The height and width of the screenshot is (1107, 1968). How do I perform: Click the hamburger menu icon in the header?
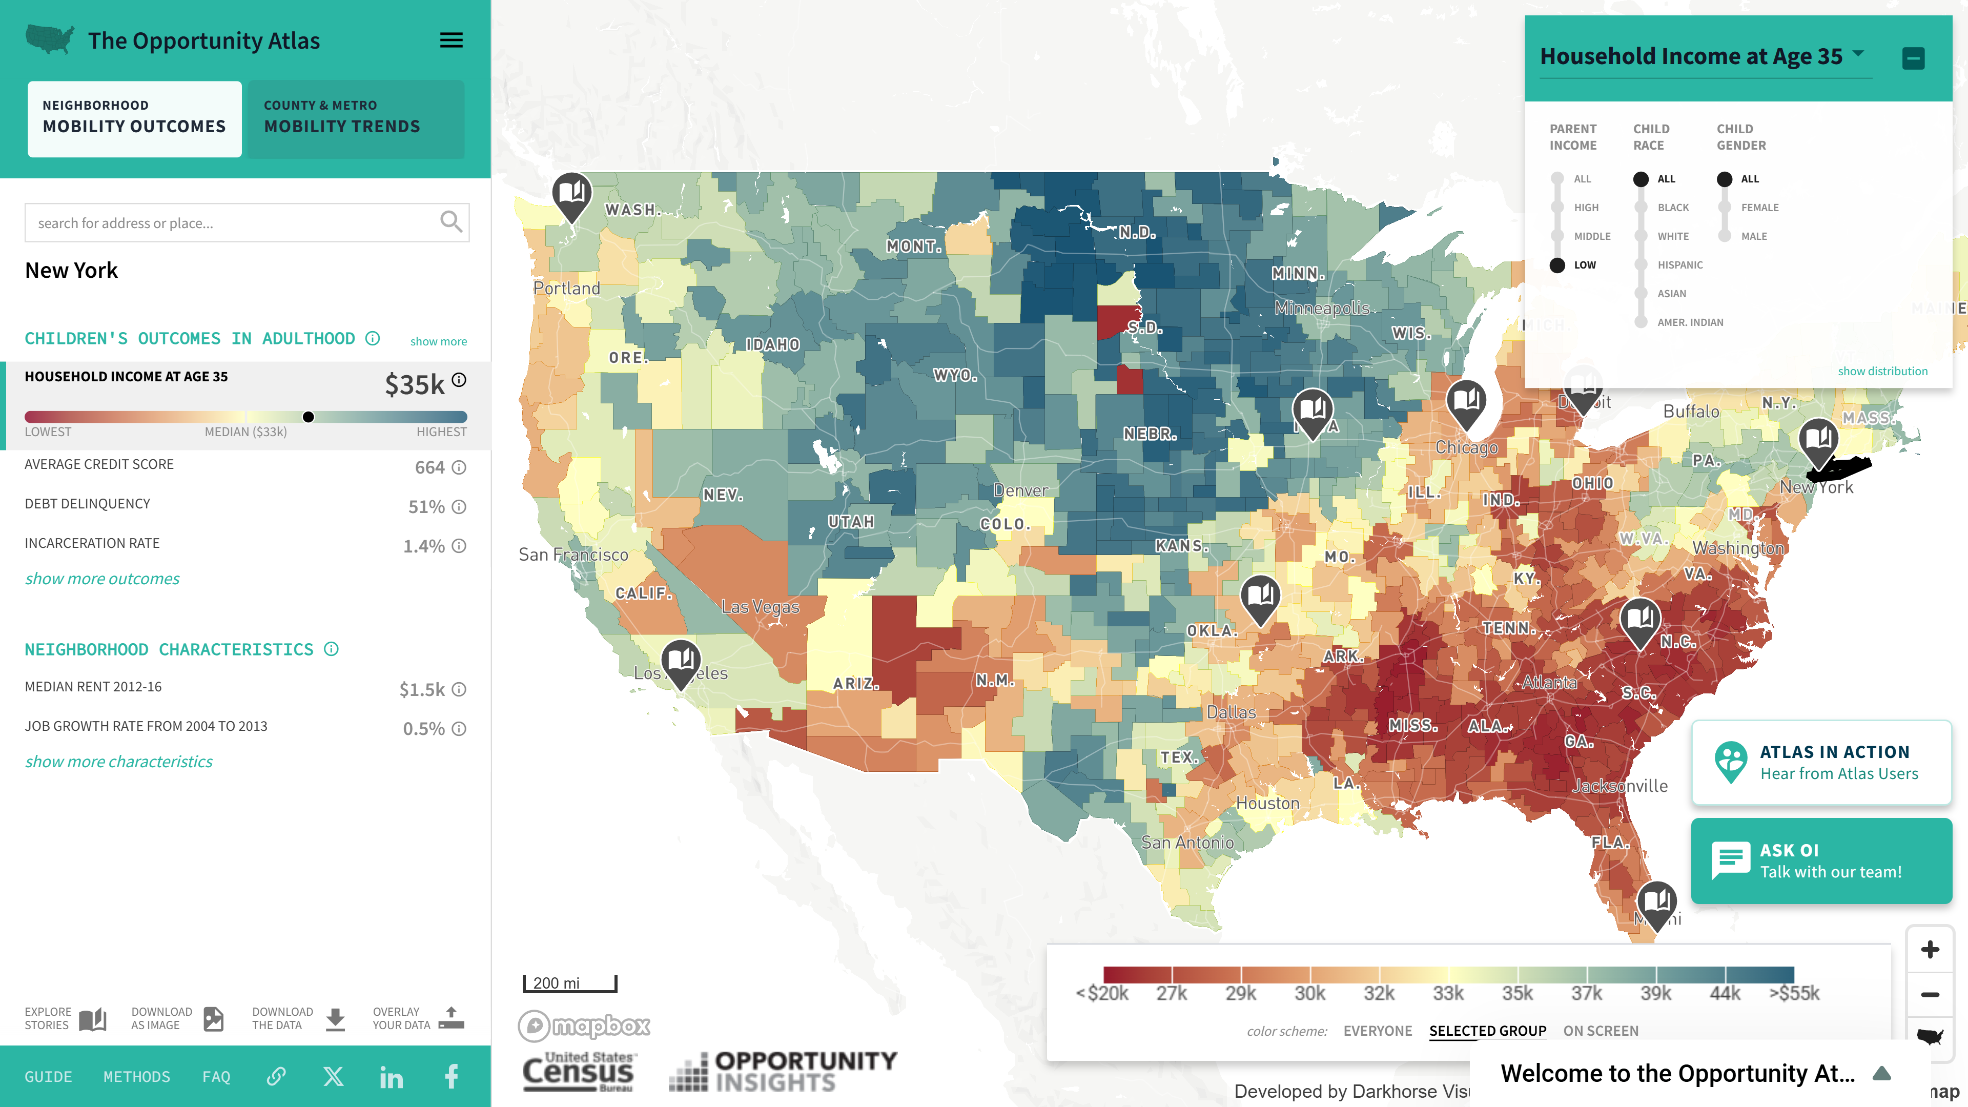[451, 40]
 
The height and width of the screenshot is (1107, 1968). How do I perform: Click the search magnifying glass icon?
[451, 222]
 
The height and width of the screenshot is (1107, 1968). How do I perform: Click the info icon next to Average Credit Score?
[458, 467]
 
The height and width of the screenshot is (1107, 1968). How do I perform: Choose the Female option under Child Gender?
[1724, 208]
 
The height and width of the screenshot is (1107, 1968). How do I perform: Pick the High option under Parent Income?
[1557, 208]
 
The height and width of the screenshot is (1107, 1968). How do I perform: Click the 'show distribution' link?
[1882, 371]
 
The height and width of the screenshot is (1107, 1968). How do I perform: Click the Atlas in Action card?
[1821, 763]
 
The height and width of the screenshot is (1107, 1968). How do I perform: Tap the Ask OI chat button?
[1821, 861]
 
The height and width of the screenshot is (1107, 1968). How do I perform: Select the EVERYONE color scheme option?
[1378, 1031]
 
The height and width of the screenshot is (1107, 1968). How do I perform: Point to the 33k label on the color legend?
[1448, 993]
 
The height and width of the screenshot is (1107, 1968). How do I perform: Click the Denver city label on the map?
[1021, 490]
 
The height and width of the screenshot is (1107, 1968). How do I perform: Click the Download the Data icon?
[335, 1018]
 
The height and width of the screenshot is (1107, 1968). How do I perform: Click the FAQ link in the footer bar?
[216, 1076]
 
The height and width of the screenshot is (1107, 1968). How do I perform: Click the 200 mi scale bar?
[570, 983]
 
